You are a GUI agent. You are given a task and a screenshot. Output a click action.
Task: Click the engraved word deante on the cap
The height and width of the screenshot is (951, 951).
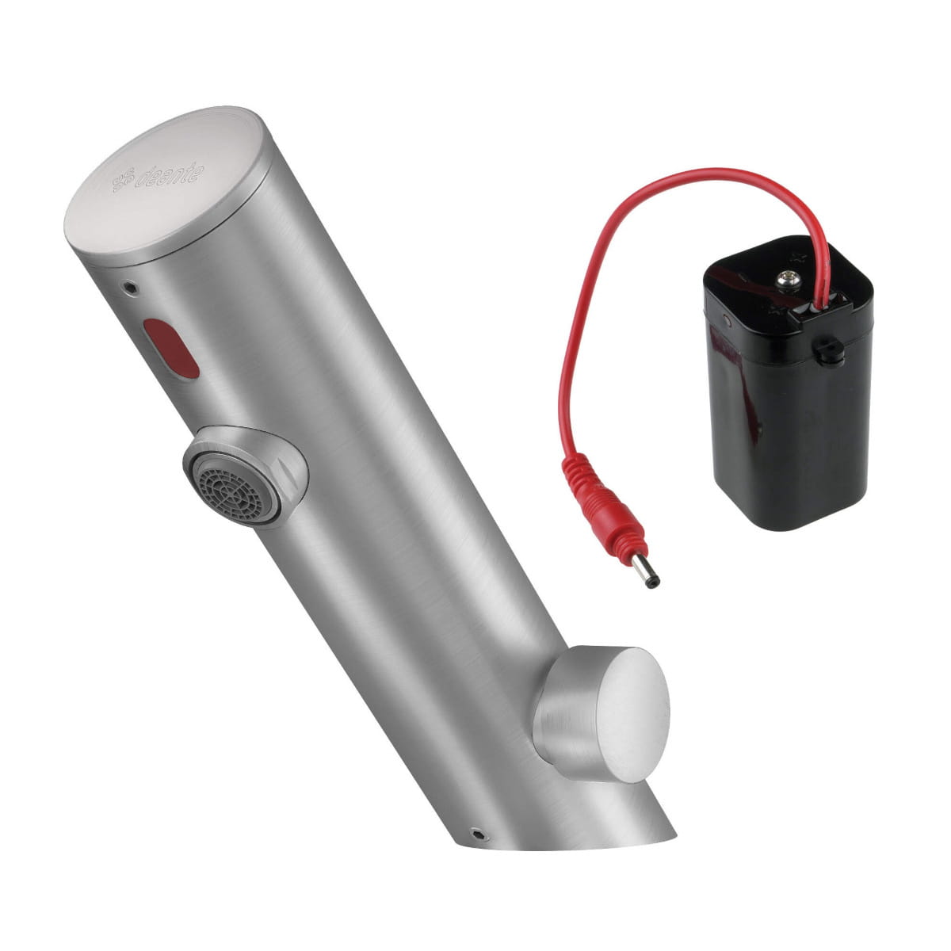click(x=170, y=175)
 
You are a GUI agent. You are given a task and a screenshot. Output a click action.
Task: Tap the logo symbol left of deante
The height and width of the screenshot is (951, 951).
click(x=124, y=181)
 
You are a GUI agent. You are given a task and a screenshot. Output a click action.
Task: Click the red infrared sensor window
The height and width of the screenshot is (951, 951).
click(x=170, y=349)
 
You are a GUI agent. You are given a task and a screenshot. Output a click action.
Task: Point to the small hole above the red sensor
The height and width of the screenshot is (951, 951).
click(x=130, y=286)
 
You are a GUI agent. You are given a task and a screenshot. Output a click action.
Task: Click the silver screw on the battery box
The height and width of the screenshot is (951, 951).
click(x=785, y=281)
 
